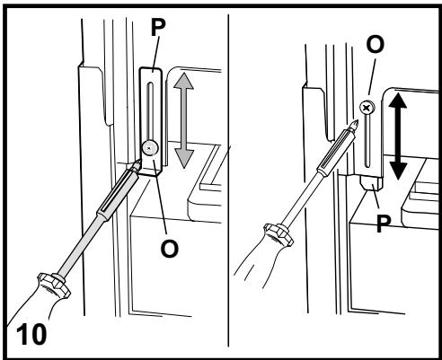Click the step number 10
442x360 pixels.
tap(31, 334)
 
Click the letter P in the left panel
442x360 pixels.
tap(158, 27)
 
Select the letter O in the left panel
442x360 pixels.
tap(170, 249)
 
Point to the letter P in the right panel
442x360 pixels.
tap(384, 224)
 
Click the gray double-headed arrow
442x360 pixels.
tap(183, 120)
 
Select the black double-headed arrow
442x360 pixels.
tap(398, 136)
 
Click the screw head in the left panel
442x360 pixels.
tap(150, 148)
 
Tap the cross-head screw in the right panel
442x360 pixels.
tap(367, 108)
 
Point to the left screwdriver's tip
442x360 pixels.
tap(138, 161)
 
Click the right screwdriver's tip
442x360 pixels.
tap(356, 120)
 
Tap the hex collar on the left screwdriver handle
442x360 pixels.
tap(54, 285)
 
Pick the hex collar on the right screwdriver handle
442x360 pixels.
tap(278, 235)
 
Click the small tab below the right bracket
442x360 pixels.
tap(371, 183)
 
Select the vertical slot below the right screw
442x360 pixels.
tap(367, 141)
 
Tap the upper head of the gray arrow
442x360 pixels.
tap(183, 81)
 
